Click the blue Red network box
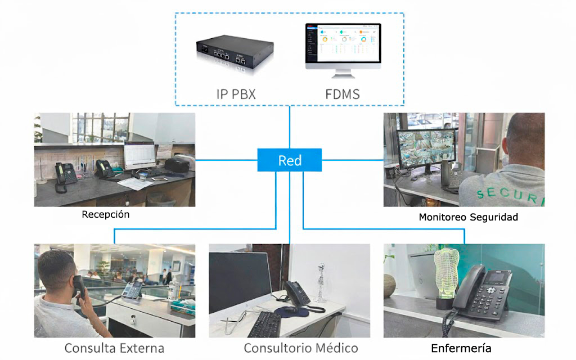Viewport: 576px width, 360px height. [289, 160]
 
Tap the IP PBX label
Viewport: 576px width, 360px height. [236, 94]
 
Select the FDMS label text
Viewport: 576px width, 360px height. [342, 94]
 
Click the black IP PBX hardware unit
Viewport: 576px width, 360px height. [231, 52]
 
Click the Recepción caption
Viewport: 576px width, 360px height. [106, 215]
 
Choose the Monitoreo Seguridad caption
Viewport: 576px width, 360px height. [468, 217]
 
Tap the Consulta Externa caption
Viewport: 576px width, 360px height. [114, 348]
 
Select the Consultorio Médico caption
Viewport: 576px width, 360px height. [301, 348]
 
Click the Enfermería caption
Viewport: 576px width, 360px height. [461, 348]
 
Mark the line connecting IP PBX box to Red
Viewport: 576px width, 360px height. [290, 127]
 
